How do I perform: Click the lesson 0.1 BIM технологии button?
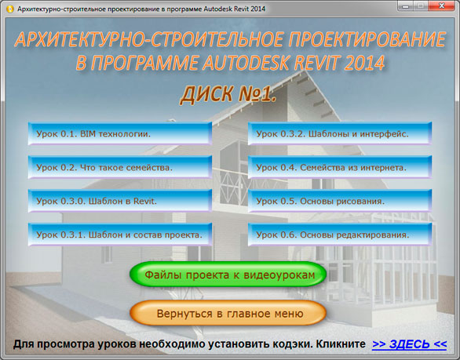point(119,133)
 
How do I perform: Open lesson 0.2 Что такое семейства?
point(119,167)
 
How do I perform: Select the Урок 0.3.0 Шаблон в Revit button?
point(119,201)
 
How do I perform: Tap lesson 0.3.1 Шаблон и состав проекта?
point(119,235)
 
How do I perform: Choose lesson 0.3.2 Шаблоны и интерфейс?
point(340,133)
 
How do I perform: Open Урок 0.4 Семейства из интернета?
point(340,167)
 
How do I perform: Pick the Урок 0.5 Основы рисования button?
point(340,201)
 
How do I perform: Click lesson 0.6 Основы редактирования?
point(340,235)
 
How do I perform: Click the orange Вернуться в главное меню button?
point(228,313)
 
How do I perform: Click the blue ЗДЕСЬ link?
point(410,344)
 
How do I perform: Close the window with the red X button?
point(442,5)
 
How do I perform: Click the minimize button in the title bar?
point(406,5)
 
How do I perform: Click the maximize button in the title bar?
point(421,5)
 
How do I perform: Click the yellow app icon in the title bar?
point(9,9)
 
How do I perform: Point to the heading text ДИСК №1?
point(228,94)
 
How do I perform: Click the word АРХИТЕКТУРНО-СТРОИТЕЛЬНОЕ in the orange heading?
point(149,39)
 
